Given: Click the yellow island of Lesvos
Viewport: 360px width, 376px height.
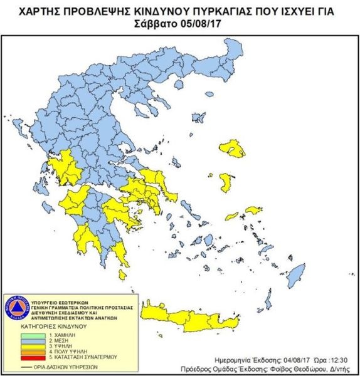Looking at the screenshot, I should (x=233, y=149).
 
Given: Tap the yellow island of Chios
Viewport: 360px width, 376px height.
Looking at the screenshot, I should (x=225, y=182).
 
